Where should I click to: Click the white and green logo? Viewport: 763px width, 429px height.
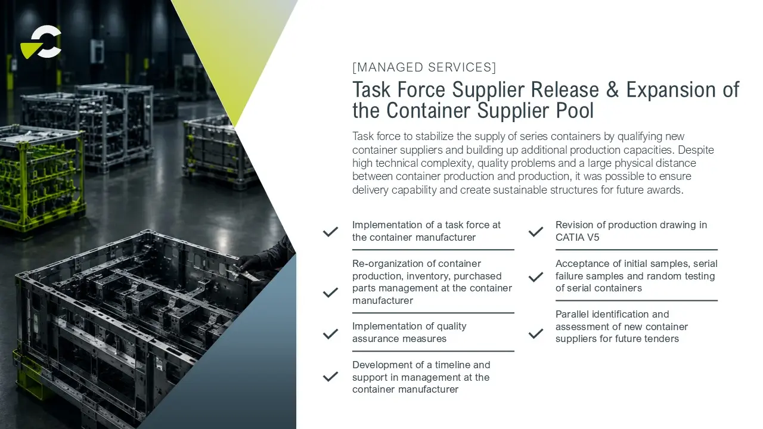click(x=41, y=42)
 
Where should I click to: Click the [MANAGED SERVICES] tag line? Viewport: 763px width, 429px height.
click(x=424, y=67)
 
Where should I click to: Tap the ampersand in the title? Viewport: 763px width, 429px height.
click(x=612, y=89)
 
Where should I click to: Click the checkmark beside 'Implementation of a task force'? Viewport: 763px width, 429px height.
click(x=330, y=232)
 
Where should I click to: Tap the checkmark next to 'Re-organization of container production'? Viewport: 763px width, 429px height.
click(x=330, y=293)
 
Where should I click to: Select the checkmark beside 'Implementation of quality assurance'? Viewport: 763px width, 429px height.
click(x=330, y=334)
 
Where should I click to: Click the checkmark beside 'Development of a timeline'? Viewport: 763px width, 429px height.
click(x=330, y=376)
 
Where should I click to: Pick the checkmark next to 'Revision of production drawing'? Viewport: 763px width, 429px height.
click(x=536, y=232)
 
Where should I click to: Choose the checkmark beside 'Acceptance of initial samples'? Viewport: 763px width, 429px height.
click(x=536, y=277)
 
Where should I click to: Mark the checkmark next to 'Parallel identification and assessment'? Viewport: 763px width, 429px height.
click(x=536, y=333)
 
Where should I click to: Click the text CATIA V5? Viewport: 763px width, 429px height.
click(x=578, y=237)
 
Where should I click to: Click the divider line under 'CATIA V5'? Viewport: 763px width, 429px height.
click(x=637, y=250)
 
